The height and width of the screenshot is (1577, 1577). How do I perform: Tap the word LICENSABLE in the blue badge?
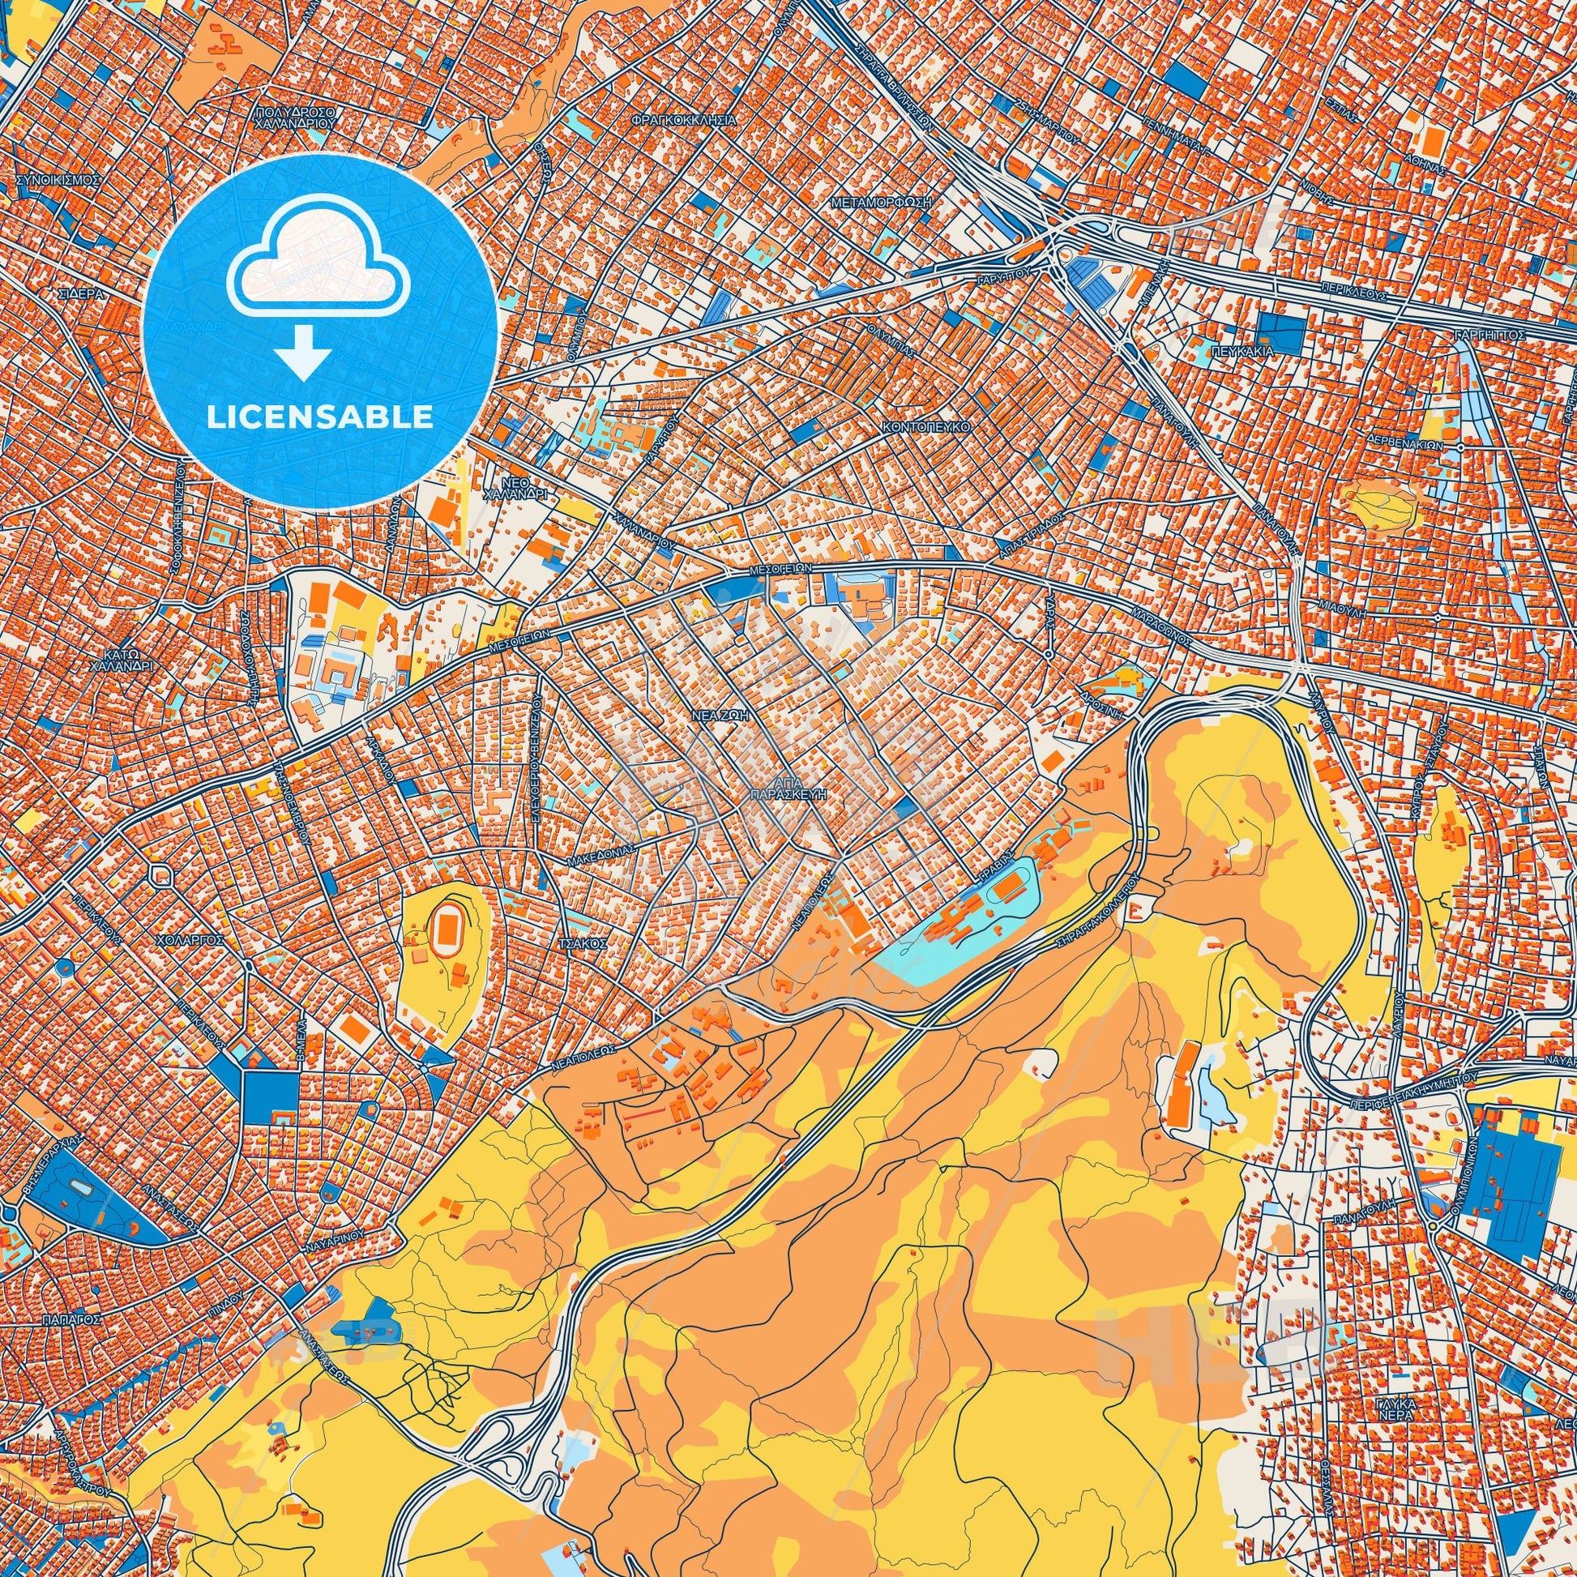320,417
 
